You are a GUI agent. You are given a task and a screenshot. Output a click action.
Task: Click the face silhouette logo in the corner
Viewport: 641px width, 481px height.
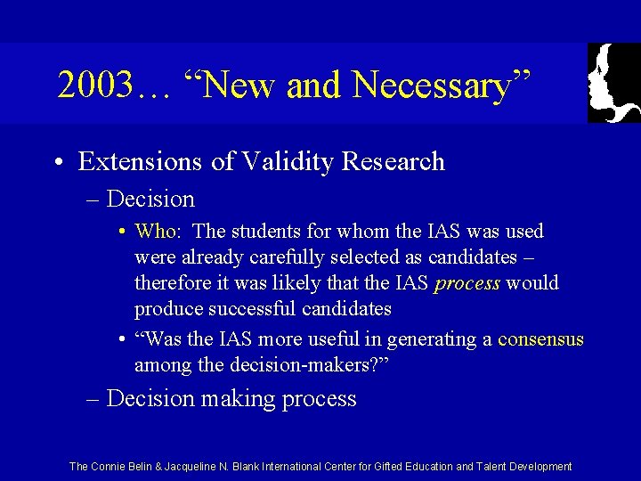613,83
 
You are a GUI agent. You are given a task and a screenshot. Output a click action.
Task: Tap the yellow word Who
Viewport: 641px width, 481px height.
156,232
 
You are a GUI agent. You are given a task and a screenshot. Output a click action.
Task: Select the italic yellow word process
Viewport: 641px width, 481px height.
467,283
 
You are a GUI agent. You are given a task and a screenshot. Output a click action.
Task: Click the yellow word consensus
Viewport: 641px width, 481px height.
540,339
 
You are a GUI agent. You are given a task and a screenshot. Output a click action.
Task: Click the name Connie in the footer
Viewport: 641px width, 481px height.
111,467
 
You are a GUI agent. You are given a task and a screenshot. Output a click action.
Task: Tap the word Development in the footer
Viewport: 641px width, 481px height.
540,467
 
